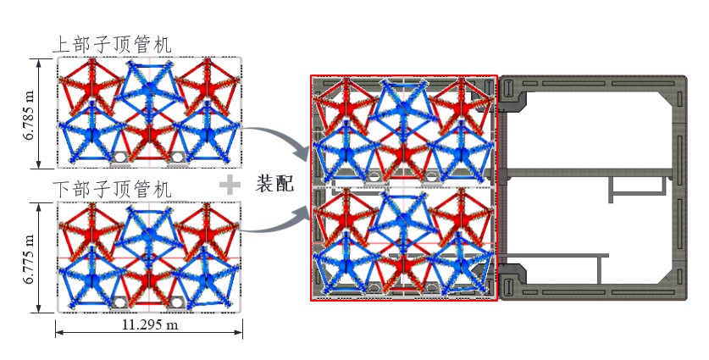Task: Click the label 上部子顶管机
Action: (x=112, y=45)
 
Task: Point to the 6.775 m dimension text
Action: (x=28, y=258)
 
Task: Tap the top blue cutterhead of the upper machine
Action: (x=149, y=85)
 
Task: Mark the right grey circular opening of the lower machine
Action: (x=179, y=302)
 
